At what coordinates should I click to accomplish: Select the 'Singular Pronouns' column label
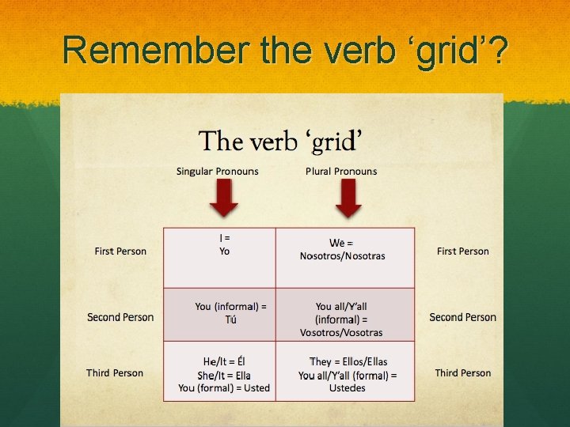pos(217,172)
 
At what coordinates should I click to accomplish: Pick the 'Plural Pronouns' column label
pos(341,172)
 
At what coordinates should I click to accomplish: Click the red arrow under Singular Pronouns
pos(224,198)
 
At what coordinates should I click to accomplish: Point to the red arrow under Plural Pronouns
pos(348,198)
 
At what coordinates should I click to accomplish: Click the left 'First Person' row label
pos(120,251)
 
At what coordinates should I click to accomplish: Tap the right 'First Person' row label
pos(463,251)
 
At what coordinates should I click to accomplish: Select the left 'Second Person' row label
pos(120,317)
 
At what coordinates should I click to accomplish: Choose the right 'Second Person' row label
pos(463,317)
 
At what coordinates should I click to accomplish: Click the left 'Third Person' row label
pos(115,373)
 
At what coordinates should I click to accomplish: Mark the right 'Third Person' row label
pos(463,373)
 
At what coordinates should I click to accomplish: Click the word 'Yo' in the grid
pos(225,251)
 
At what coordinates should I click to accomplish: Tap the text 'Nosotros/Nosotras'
pos(343,256)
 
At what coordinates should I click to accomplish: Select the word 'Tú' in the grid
pos(230,320)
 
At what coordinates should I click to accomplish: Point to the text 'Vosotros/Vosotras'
pos(341,333)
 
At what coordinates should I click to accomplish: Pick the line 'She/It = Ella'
pos(227,375)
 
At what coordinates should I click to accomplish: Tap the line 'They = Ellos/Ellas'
pos(348,362)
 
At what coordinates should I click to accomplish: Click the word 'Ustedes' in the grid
pos(348,388)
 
